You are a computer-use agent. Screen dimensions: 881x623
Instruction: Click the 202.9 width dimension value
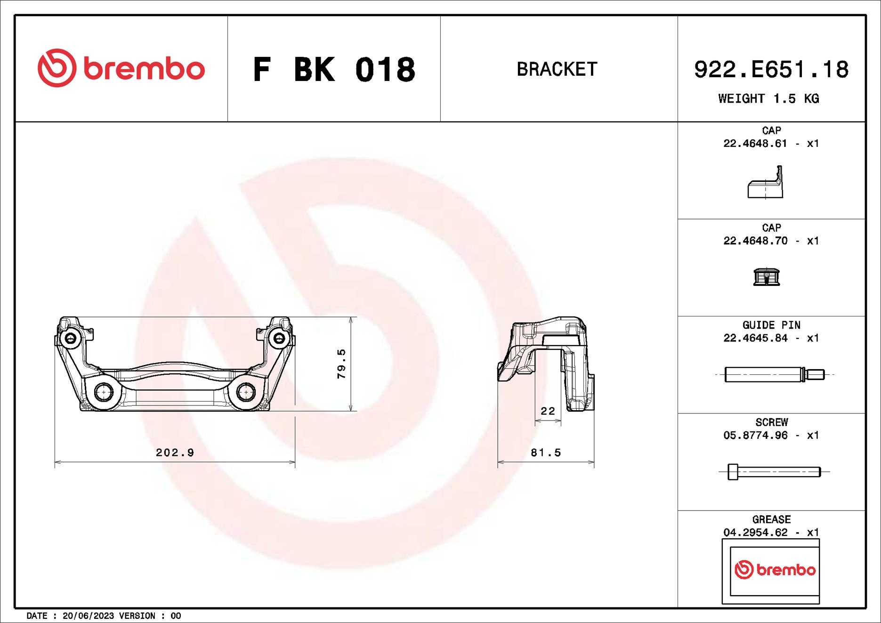coord(175,453)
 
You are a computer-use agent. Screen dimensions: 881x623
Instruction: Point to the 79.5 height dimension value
coord(341,364)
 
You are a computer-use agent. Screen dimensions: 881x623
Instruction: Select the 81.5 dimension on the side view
coord(546,453)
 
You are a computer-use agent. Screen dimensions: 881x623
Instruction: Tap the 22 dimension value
coord(548,411)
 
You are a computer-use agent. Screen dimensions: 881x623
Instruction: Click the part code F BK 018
coord(334,70)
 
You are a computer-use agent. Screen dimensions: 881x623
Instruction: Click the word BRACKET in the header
coord(557,69)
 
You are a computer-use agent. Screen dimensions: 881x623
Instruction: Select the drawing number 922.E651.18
coord(771,69)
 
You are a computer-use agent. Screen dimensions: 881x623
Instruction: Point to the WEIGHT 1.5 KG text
coord(768,98)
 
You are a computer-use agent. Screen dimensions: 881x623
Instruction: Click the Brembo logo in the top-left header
coord(121,68)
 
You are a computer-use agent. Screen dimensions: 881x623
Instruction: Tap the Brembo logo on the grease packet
coord(775,570)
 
